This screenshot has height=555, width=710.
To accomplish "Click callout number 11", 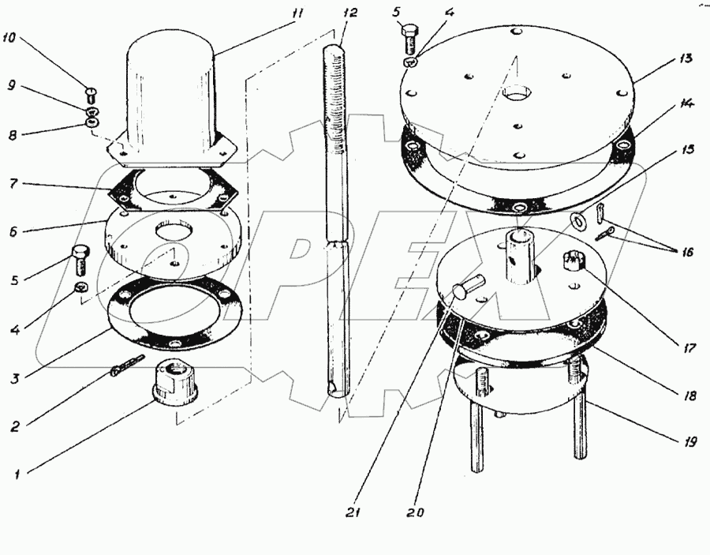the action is coord(297,13).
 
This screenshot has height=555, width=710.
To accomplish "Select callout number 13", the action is coord(685,58).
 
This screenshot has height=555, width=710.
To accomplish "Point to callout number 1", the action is coord(17,474).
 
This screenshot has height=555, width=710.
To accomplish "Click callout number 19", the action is coord(689,441).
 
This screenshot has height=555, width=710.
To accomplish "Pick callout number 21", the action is coord(353,512).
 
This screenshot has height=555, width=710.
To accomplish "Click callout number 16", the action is coord(687,252).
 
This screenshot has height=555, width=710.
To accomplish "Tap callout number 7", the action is coord(14,185).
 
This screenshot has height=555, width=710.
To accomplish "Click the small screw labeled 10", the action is coord(91,96).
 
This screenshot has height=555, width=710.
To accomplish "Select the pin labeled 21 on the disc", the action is coord(469,287).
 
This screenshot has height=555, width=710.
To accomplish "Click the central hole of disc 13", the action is coord(517,94).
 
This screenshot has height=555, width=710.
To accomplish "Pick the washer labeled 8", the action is coord(92,122).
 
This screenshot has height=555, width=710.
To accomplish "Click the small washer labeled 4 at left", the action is coord(81,287).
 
